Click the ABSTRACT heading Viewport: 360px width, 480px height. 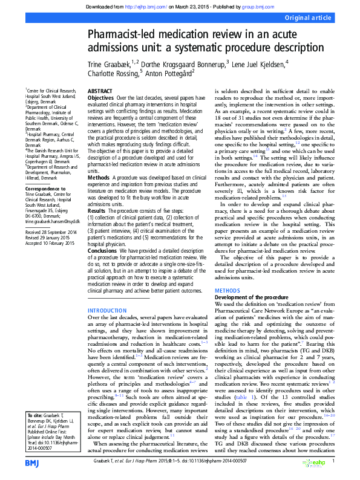100,91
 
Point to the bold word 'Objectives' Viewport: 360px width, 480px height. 100,97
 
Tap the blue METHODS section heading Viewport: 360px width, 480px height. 227,291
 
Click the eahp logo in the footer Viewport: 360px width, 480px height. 313,462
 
